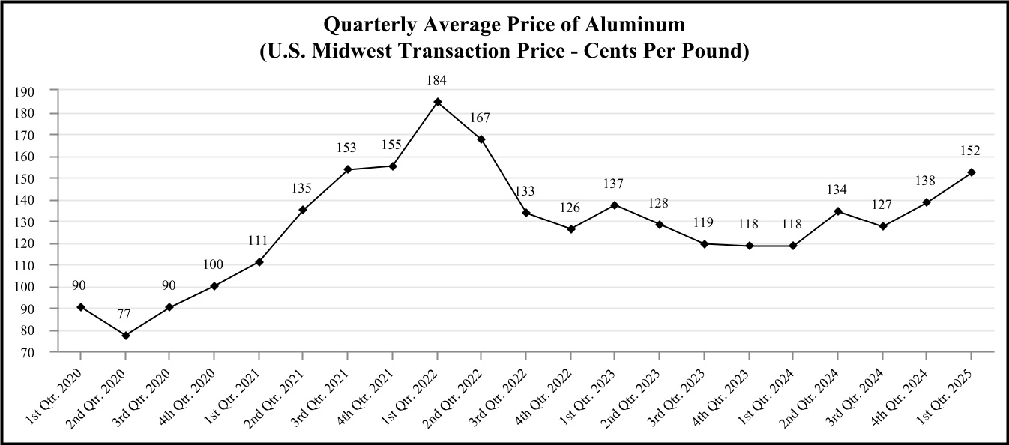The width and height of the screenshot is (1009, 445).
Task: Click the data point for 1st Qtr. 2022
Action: (438, 102)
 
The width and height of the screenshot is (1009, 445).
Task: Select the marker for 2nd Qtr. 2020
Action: (126, 336)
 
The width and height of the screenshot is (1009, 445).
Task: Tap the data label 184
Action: (438, 80)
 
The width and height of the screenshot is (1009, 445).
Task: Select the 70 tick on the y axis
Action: (28, 352)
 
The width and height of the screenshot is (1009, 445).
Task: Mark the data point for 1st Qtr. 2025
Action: (972, 172)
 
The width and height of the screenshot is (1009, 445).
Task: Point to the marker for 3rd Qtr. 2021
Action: (349, 169)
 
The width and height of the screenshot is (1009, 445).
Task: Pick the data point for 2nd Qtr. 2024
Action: (839, 211)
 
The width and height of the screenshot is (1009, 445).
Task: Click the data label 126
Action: (571, 208)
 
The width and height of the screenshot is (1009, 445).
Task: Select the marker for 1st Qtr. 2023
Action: (615, 205)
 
